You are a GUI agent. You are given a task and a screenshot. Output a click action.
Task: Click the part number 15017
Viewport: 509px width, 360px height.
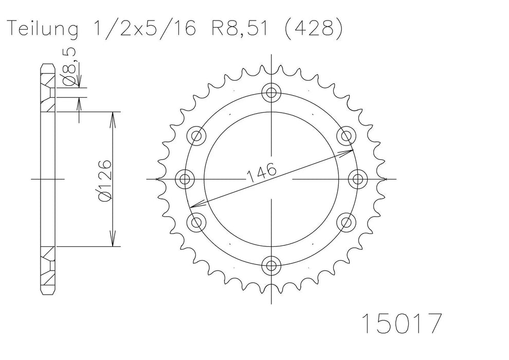point(402,323)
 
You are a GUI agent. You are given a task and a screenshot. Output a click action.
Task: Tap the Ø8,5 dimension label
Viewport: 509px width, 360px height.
point(70,66)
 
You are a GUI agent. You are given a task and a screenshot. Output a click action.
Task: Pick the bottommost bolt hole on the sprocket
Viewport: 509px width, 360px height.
point(271,265)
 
